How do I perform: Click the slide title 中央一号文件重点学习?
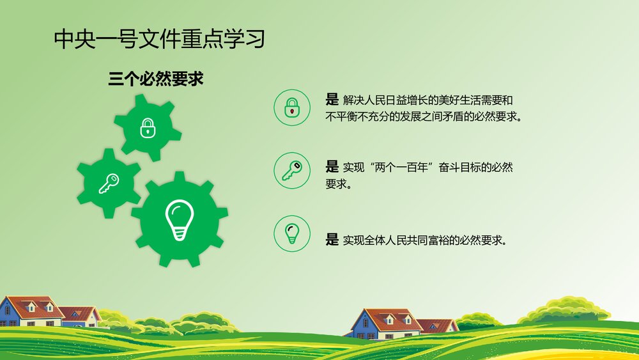pyautogui.click(x=159, y=40)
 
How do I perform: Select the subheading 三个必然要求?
pyautogui.click(x=156, y=79)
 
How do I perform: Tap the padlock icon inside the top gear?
pyautogui.click(x=148, y=128)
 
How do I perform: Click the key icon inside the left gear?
pyautogui.click(x=108, y=184)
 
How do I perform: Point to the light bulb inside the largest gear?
pyautogui.click(x=179, y=220)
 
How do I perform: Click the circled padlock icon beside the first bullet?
pyautogui.click(x=292, y=107)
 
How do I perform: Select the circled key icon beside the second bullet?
pyautogui.click(x=292, y=170)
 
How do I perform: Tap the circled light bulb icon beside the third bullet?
pyautogui.click(x=292, y=233)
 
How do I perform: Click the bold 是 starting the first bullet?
pyautogui.click(x=332, y=100)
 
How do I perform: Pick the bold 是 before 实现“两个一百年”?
pyautogui.click(x=332, y=168)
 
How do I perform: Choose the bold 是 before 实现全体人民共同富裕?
pyautogui.click(x=332, y=240)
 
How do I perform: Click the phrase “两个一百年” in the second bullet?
pyautogui.click(x=400, y=168)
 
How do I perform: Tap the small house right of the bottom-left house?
pyautogui.click(x=80, y=316)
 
